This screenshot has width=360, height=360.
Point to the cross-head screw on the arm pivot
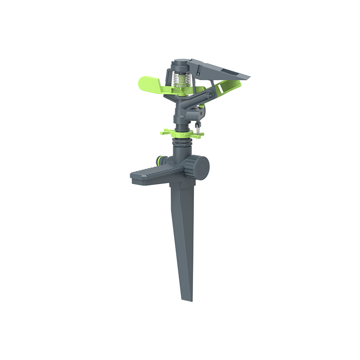click(208, 95)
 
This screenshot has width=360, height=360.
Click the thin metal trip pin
click(198, 128)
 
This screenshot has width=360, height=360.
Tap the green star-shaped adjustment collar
click(180, 133)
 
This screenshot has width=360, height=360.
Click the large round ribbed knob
click(198, 168)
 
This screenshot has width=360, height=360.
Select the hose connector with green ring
click(160, 160)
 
